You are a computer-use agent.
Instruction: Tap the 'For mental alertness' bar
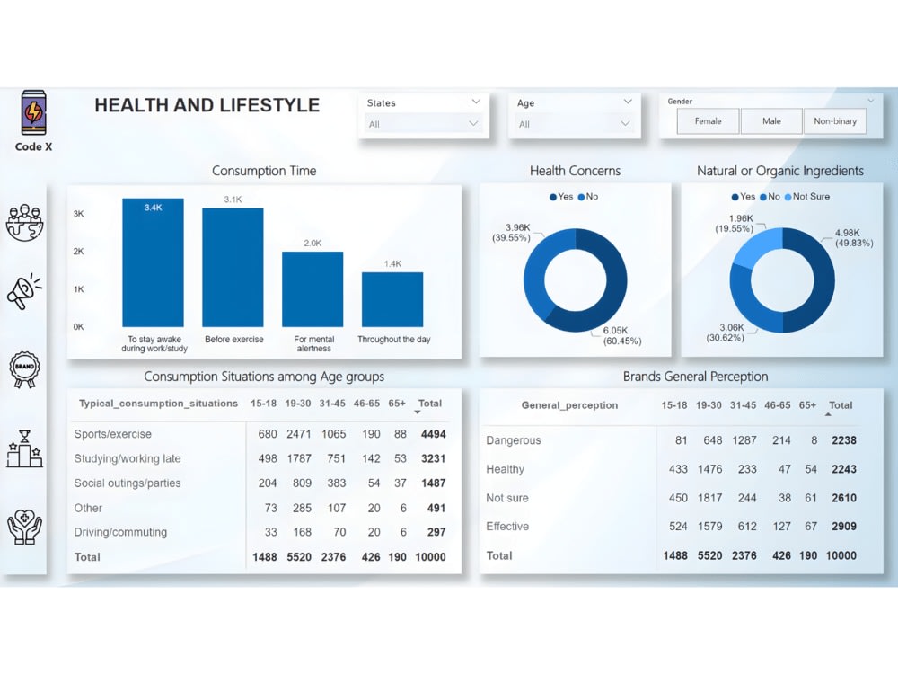pos(313,288)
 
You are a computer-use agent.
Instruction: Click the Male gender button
pos(771,121)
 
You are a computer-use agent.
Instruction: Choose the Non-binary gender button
pos(835,121)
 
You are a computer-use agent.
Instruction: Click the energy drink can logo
pos(33,112)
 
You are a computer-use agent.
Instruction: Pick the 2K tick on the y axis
pos(79,252)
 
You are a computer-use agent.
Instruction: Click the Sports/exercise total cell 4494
pos(433,434)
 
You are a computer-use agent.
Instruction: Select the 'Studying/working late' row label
pos(128,458)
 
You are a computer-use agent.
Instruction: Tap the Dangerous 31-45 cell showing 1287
pos(744,440)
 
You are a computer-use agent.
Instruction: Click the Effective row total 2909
pos(843,527)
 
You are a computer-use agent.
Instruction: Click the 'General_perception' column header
pos(569,405)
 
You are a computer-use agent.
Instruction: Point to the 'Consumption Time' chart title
pos(264,171)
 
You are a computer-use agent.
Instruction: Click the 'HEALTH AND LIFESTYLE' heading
pos(207,105)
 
